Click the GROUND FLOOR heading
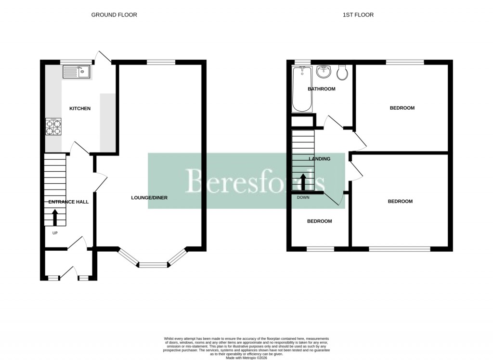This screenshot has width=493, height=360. (114, 15)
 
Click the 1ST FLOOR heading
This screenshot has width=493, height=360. (358, 15)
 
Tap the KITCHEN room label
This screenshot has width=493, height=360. (80, 109)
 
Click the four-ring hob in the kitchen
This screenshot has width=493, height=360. (53, 128)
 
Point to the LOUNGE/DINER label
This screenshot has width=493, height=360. (149, 198)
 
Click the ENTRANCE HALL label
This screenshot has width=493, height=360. (68, 202)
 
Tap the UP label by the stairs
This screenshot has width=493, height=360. (55, 233)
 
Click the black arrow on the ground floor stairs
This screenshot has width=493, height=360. (54, 218)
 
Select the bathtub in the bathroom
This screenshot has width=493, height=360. (302, 90)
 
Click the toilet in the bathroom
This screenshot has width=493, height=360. (343, 73)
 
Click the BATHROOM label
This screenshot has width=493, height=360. (322, 89)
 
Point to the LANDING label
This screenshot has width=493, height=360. (319, 159)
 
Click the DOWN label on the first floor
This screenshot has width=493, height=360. (303, 198)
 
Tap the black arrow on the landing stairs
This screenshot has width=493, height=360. (303, 182)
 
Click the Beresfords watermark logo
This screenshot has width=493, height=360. (246, 181)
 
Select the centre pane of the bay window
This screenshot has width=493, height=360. (153, 264)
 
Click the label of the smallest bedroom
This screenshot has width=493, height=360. (320, 221)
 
